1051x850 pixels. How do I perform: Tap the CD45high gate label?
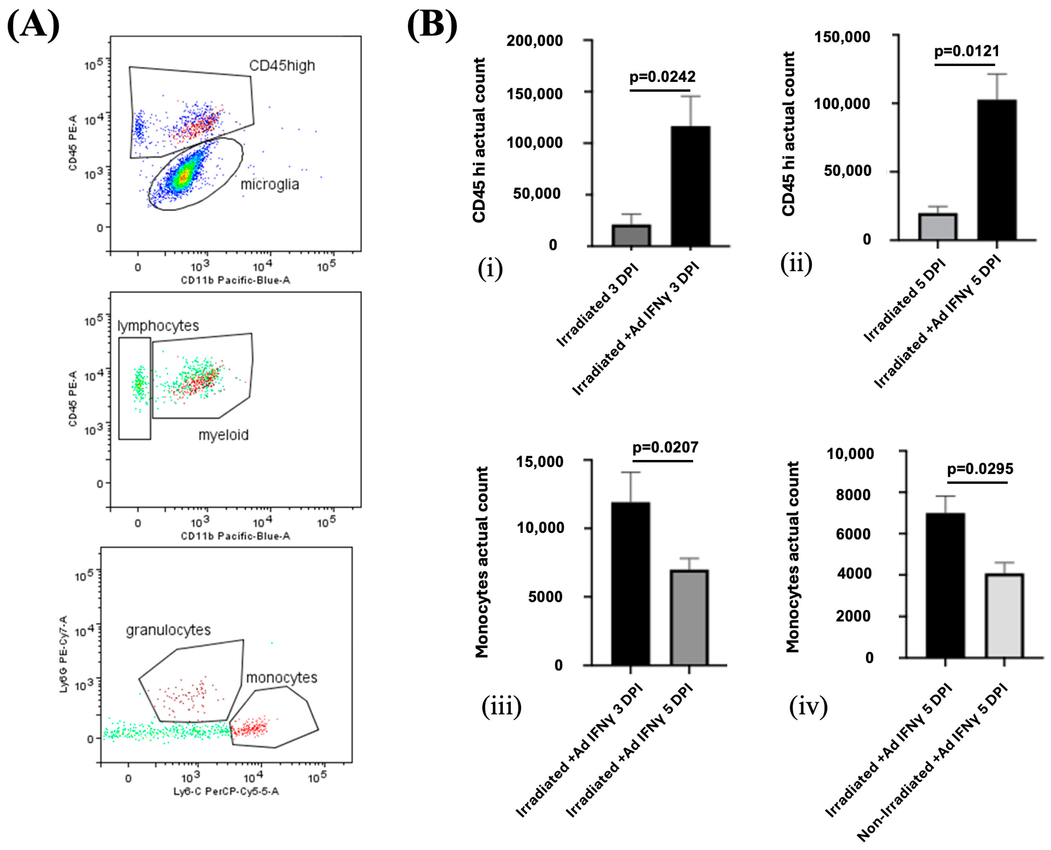point(282,66)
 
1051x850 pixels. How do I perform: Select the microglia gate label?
point(270,184)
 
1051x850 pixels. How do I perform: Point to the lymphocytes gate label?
point(158,326)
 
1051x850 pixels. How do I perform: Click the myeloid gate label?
point(223,435)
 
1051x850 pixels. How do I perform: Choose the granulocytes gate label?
point(168,630)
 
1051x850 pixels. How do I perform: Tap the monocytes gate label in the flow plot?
point(281,678)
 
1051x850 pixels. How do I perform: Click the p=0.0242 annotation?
point(662,77)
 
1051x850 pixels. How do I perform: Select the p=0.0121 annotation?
point(966,51)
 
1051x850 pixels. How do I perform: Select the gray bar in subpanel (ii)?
point(938,227)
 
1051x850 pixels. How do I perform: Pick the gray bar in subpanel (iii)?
point(689,618)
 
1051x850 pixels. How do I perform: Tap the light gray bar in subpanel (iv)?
point(1004,616)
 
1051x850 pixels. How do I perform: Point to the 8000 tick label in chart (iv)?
point(854,495)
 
